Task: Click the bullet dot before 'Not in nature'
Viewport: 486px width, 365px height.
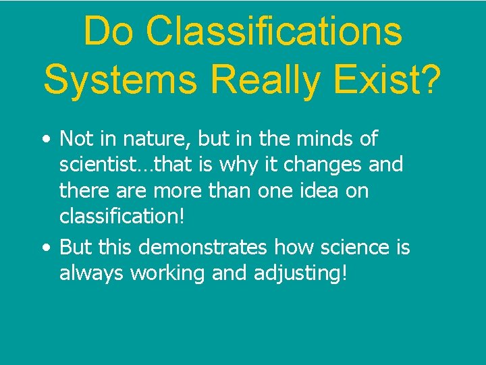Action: (x=45, y=140)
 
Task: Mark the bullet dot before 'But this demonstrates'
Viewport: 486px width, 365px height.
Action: (x=45, y=248)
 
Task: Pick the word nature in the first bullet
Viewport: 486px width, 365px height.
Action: (x=157, y=139)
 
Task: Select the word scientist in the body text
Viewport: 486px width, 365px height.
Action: (x=94, y=165)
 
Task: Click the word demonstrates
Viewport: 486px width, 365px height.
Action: (x=202, y=248)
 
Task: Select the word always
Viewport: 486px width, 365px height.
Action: (x=91, y=273)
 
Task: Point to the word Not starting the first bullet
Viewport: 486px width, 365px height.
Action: (x=76, y=139)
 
